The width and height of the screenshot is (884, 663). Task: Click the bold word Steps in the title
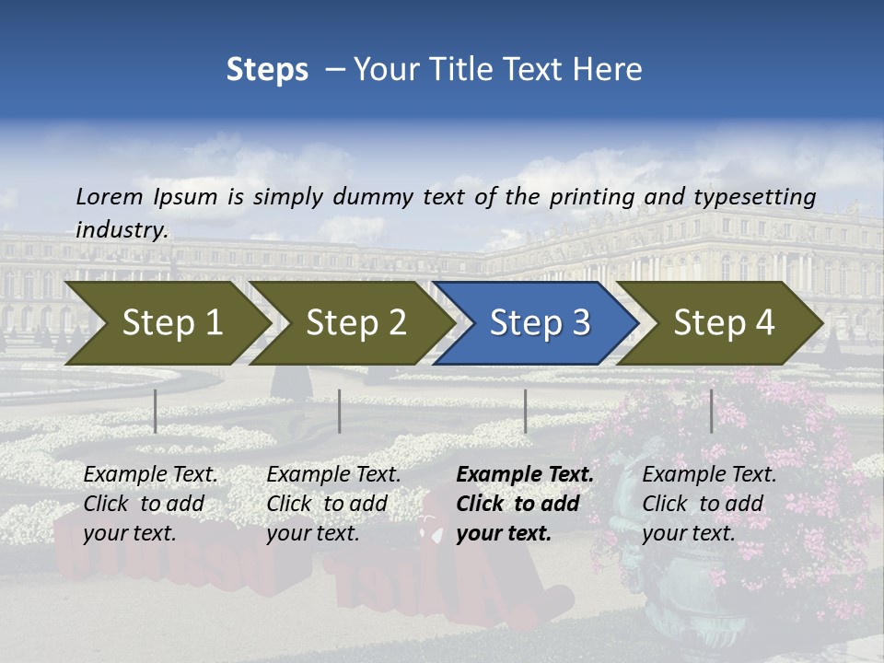[x=267, y=70]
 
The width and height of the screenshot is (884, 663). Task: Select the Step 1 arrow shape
[x=166, y=323]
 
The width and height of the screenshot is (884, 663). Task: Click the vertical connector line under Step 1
[x=156, y=411]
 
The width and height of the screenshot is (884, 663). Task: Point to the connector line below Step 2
[x=340, y=411]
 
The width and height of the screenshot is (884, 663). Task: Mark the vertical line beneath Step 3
[x=525, y=411]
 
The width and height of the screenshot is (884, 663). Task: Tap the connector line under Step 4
[x=711, y=411]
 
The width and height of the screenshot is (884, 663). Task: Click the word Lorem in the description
[x=110, y=196]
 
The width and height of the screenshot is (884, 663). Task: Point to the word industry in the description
[x=122, y=230]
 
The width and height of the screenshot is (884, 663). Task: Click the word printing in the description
[x=590, y=197]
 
